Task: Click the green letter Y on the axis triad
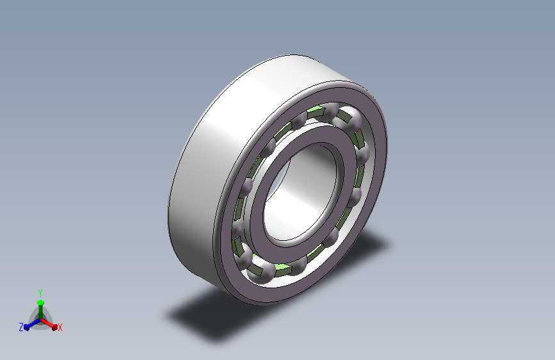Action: coord(40,293)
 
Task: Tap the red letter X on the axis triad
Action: coord(60,328)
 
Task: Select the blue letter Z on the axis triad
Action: coord(21,327)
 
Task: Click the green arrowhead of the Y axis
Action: coord(41,302)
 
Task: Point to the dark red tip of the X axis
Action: coord(54,327)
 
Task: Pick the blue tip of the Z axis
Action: coord(26,328)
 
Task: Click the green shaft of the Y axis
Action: coord(41,312)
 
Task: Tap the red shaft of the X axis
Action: coord(47,323)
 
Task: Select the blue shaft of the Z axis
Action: coord(34,323)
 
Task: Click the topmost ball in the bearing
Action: coord(330,111)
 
